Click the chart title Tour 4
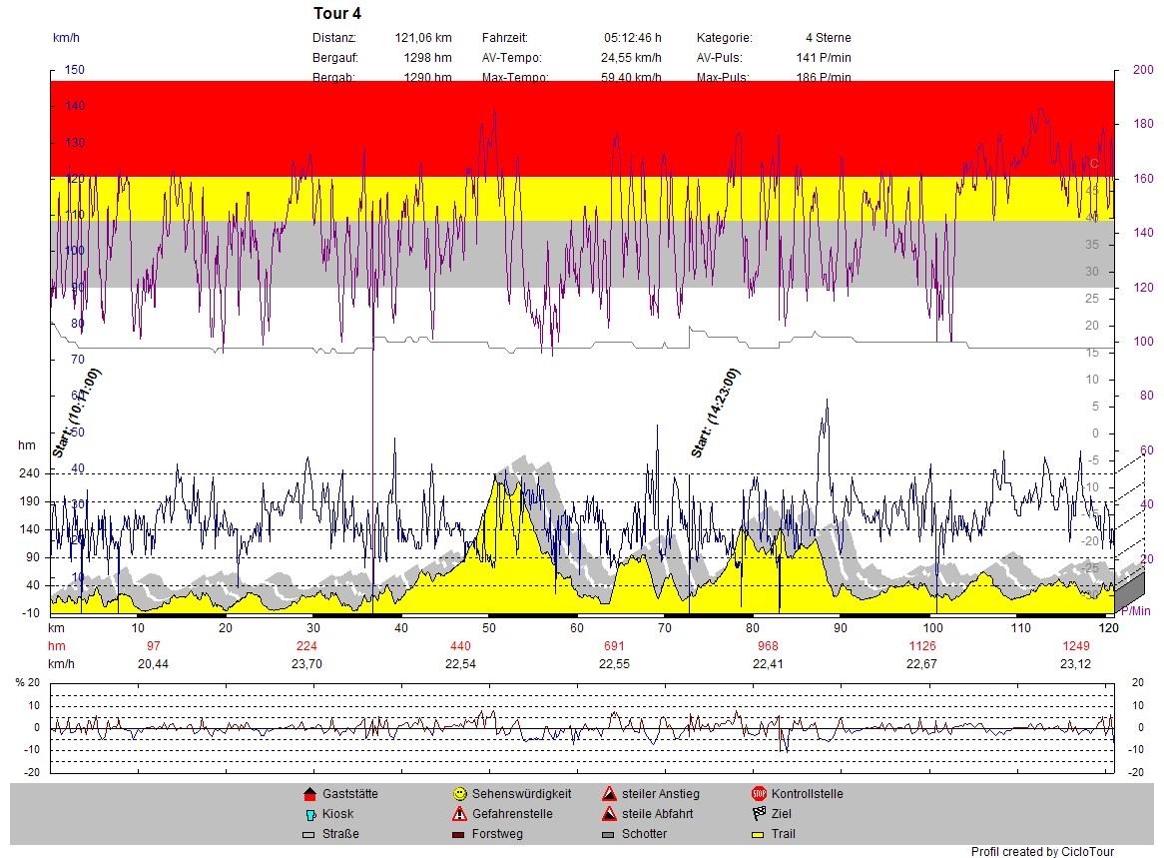pos(337,14)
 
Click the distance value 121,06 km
pos(423,38)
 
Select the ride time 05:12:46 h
pos(632,38)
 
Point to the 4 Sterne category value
pos(828,38)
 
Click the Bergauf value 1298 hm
pos(427,58)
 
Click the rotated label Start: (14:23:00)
pos(716,414)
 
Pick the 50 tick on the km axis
pos(488,627)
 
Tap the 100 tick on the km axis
pos(932,627)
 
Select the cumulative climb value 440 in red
pos(460,645)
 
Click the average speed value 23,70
pos(306,663)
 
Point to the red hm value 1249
pos(1075,645)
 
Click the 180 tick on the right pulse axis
pos(1143,124)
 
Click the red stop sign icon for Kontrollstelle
pos(759,794)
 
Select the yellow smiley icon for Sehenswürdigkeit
pos(459,794)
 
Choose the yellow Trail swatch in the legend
pos(759,834)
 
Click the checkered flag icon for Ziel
pos(759,814)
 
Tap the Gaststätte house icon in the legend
pos(309,794)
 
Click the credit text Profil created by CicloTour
pos(1042,851)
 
